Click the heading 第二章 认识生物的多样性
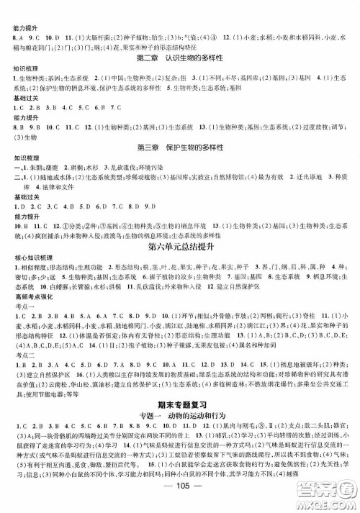[180, 58]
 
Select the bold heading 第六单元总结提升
[180, 249]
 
